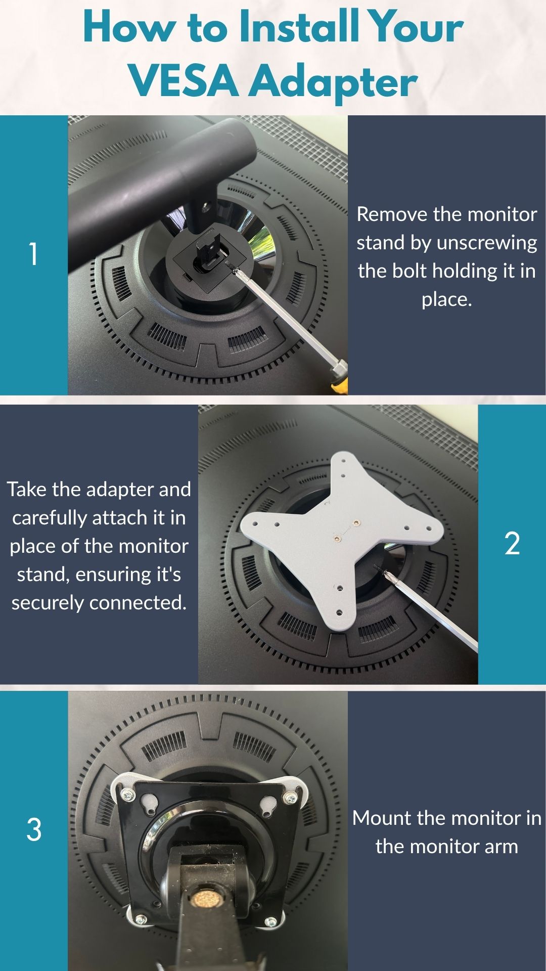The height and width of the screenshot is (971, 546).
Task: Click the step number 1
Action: pos(33,254)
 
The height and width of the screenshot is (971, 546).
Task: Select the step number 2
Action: pos(512,544)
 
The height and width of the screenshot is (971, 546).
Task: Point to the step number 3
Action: pos(33,830)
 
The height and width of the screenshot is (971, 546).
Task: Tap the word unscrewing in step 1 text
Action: pos(486,243)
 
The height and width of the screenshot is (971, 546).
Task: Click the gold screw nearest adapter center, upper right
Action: pos(356,523)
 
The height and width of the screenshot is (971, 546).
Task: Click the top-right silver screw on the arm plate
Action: pos(290,798)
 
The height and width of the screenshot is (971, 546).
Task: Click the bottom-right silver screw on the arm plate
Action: pos(270,921)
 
